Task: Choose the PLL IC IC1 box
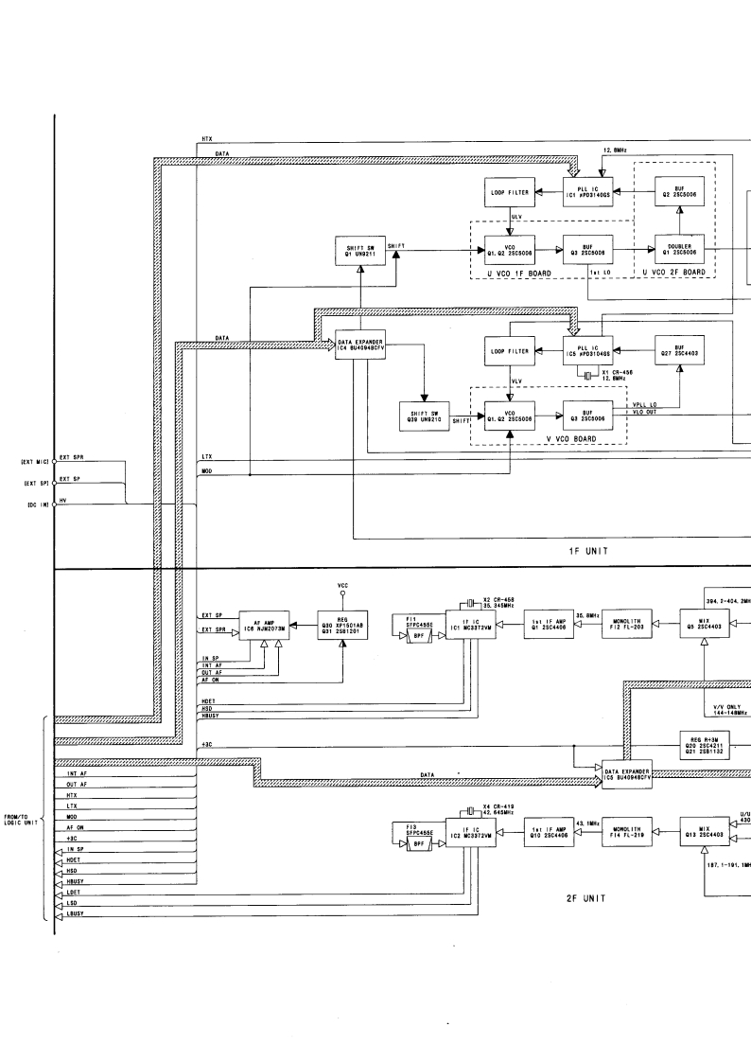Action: [590, 193]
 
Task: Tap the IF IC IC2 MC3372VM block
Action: [469, 833]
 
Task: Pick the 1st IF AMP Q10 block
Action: [548, 832]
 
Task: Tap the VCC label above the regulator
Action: [342, 586]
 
